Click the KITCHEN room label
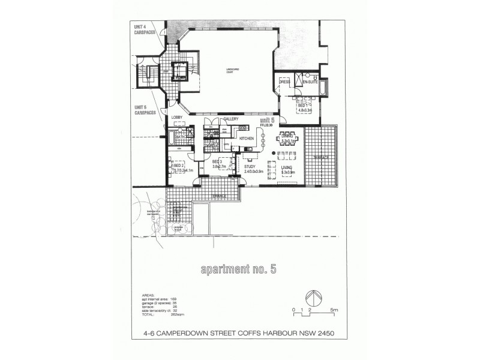(x=247, y=139)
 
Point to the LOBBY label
(x=176, y=118)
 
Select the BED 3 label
(x=218, y=162)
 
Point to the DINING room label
(x=287, y=137)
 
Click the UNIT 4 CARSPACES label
(x=143, y=29)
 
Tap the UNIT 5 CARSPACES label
(x=143, y=109)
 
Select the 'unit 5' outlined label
(x=266, y=121)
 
